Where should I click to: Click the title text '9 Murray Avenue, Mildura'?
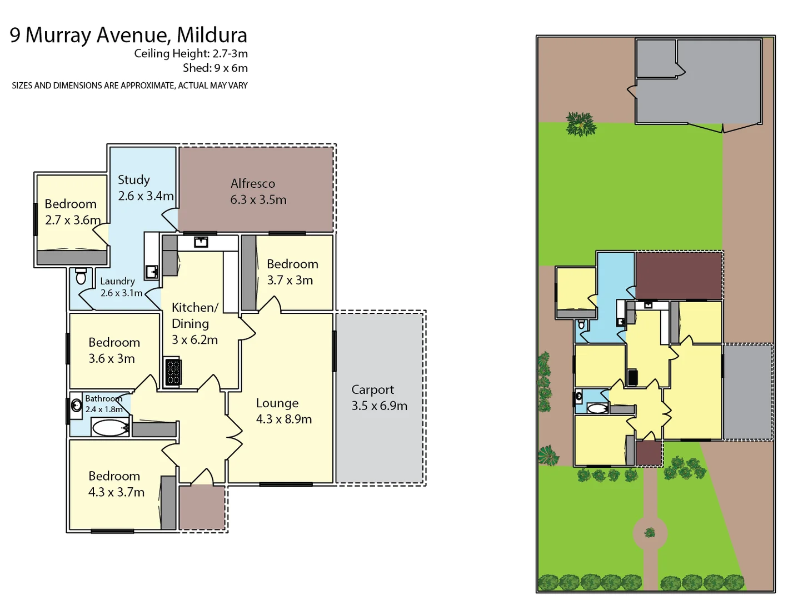pos(128,35)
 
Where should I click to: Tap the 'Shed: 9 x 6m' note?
pos(215,68)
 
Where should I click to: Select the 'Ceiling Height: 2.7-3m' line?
pos(191,53)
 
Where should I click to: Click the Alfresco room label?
pos(253,183)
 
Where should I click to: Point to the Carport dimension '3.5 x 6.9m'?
pos(379,406)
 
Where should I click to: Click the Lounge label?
pos(277,403)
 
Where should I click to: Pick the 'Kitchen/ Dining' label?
pos(194,316)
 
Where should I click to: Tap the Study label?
pos(134,180)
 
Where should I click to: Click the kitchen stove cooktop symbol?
pos(173,372)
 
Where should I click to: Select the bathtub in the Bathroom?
pos(110,428)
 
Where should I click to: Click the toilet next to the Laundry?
pos(81,276)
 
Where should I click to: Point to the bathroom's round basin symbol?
pos(76,406)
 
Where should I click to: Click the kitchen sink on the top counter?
pos(201,241)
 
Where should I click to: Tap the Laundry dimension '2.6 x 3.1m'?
pos(121,293)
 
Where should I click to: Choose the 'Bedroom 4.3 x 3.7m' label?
pos(116,484)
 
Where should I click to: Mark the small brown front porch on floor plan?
pos(202,508)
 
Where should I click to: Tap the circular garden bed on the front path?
pos(650,533)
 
